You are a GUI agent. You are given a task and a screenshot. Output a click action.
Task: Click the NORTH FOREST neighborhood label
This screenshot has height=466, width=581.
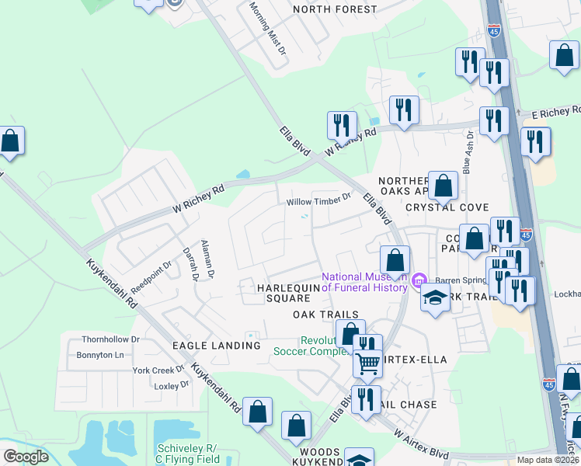click(x=334, y=10)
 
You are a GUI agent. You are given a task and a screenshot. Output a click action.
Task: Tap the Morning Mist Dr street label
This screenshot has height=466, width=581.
click(x=267, y=26)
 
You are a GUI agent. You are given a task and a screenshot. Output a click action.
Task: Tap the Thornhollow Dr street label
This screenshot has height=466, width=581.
click(x=111, y=339)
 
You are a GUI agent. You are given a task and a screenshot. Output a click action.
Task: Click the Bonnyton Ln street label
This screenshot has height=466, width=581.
click(x=99, y=355)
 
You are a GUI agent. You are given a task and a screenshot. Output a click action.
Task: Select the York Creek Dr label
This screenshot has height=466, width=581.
click(x=158, y=370)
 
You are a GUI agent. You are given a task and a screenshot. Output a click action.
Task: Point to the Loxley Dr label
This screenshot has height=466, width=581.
click(x=172, y=384)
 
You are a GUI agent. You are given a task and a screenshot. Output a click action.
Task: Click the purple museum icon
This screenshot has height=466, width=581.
click(x=419, y=280)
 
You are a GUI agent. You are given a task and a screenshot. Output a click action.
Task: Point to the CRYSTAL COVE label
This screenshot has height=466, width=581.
click(x=447, y=207)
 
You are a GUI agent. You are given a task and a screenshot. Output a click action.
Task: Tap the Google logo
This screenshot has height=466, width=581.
click(x=26, y=457)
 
